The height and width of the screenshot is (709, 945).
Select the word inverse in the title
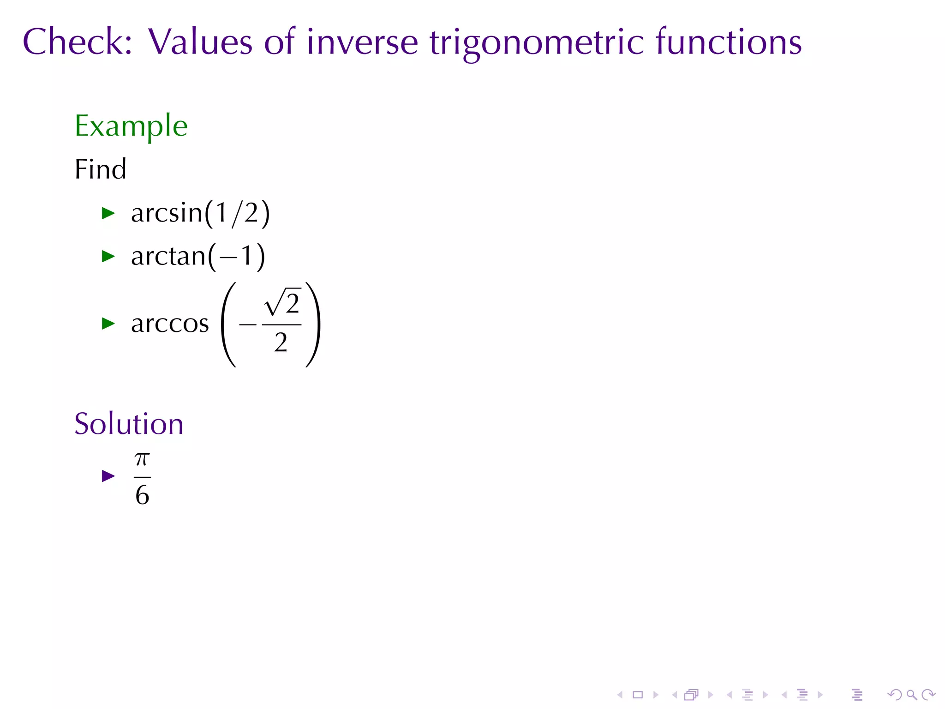pyautogui.click(x=362, y=42)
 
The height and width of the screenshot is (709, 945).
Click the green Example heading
pyautogui.click(x=131, y=126)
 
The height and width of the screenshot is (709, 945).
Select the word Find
pyautogui.click(x=100, y=169)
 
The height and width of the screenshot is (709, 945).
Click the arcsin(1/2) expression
pyautogui.click(x=200, y=213)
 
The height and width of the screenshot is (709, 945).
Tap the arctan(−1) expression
pyautogui.click(x=198, y=256)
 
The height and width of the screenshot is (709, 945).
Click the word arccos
pyautogui.click(x=170, y=324)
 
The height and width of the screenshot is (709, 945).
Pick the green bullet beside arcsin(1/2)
pyautogui.click(x=108, y=213)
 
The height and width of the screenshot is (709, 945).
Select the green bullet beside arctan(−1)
pyautogui.click(x=108, y=256)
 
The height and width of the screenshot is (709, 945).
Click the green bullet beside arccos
pyautogui.click(x=108, y=324)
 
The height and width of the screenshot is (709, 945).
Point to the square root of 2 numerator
pyautogui.click(x=282, y=303)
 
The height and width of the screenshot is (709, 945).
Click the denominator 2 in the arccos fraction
pyautogui.click(x=281, y=343)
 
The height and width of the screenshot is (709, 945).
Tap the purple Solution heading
pyautogui.click(x=129, y=424)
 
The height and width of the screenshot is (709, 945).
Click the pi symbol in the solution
pyautogui.click(x=142, y=459)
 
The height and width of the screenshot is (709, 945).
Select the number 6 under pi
pyautogui.click(x=142, y=495)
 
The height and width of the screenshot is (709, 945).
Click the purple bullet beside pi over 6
pyautogui.click(x=108, y=476)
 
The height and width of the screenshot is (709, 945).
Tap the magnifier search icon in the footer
pyautogui.click(x=911, y=694)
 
